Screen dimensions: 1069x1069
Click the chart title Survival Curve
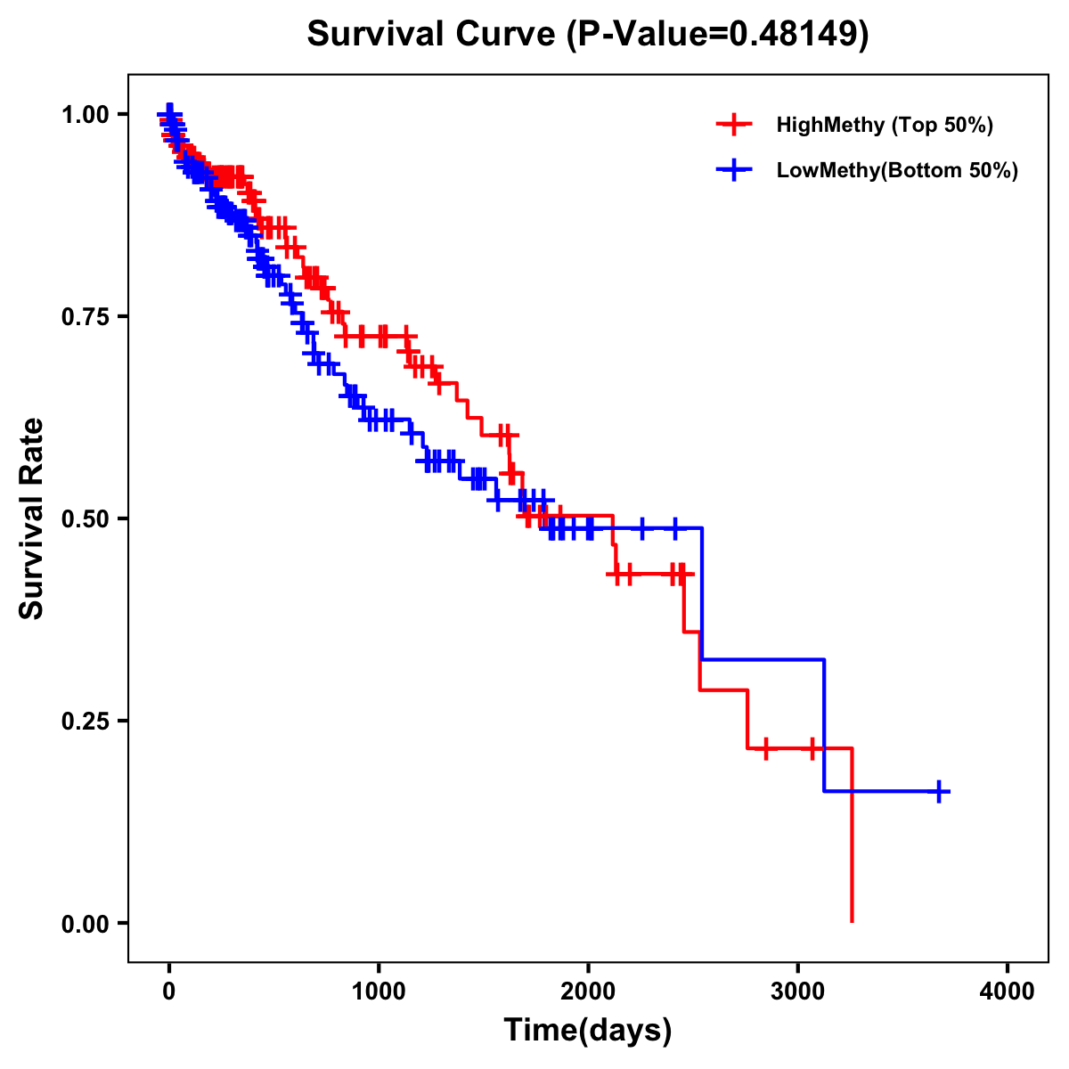click(433, 34)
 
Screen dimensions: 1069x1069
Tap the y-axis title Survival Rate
click(32, 518)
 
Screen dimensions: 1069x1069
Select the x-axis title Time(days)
click(588, 1030)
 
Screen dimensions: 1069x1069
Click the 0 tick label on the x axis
click(169, 991)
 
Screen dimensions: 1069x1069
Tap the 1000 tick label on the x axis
click(379, 991)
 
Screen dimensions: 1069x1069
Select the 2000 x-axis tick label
click(588, 991)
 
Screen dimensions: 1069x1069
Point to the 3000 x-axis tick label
click(798, 991)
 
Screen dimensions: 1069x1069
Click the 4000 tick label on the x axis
click(1008, 991)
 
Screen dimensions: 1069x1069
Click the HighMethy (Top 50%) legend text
click(884, 125)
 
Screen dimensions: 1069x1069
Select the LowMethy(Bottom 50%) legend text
click(897, 170)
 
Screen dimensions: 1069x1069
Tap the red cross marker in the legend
click(734, 125)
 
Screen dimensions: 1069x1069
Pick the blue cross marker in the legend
click(734, 170)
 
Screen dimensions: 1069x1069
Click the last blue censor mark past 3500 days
click(939, 791)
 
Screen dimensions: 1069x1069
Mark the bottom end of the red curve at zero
click(852, 920)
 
